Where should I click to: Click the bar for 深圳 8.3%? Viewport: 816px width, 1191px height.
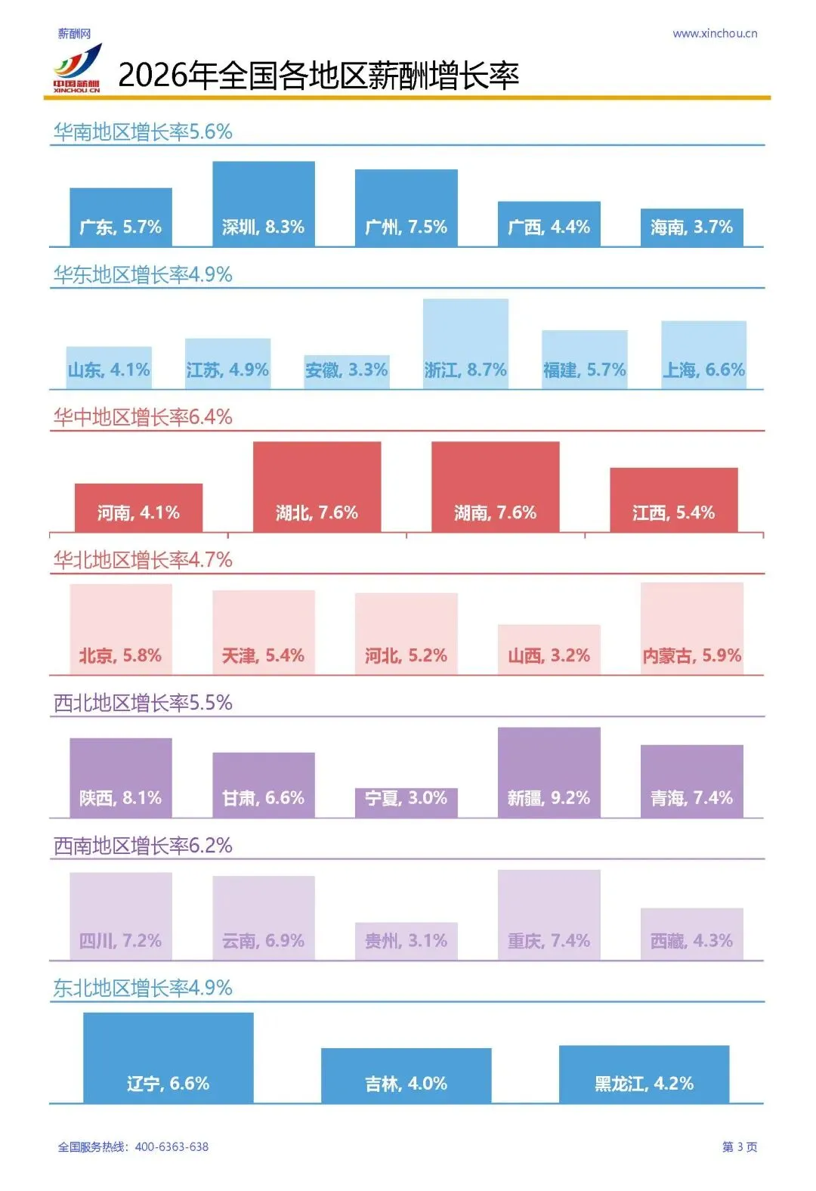click(264, 204)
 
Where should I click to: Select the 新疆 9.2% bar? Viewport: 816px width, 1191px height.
click(549, 772)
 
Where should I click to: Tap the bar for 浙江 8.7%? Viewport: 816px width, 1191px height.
click(465, 344)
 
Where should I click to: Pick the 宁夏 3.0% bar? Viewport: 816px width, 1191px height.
click(406, 803)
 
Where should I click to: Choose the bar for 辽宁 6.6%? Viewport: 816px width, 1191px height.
click(168, 1058)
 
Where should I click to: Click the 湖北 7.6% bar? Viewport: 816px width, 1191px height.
click(317, 487)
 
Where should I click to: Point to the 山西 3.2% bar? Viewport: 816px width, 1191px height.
click(549, 650)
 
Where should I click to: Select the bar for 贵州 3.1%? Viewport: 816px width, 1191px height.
click(406, 942)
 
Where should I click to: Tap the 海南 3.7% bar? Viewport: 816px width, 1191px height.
click(692, 227)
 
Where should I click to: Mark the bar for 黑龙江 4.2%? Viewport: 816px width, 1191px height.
click(644, 1075)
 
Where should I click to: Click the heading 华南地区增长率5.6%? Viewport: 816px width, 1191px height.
click(143, 132)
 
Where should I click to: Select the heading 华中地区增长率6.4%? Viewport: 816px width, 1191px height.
click(143, 417)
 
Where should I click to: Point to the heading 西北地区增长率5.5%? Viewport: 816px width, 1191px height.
click(143, 703)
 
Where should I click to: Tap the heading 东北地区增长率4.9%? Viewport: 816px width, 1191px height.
click(143, 988)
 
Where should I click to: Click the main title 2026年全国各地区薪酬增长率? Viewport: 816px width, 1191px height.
click(319, 76)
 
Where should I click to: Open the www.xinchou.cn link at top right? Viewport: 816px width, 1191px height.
click(715, 34)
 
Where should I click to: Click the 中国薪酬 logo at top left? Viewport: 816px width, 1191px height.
click(76, 70)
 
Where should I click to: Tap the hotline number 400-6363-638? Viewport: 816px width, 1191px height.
click(172, 1147)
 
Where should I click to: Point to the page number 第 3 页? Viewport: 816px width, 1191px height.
click(740, 1147)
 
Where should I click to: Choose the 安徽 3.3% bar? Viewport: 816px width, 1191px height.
click(347, 372)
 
